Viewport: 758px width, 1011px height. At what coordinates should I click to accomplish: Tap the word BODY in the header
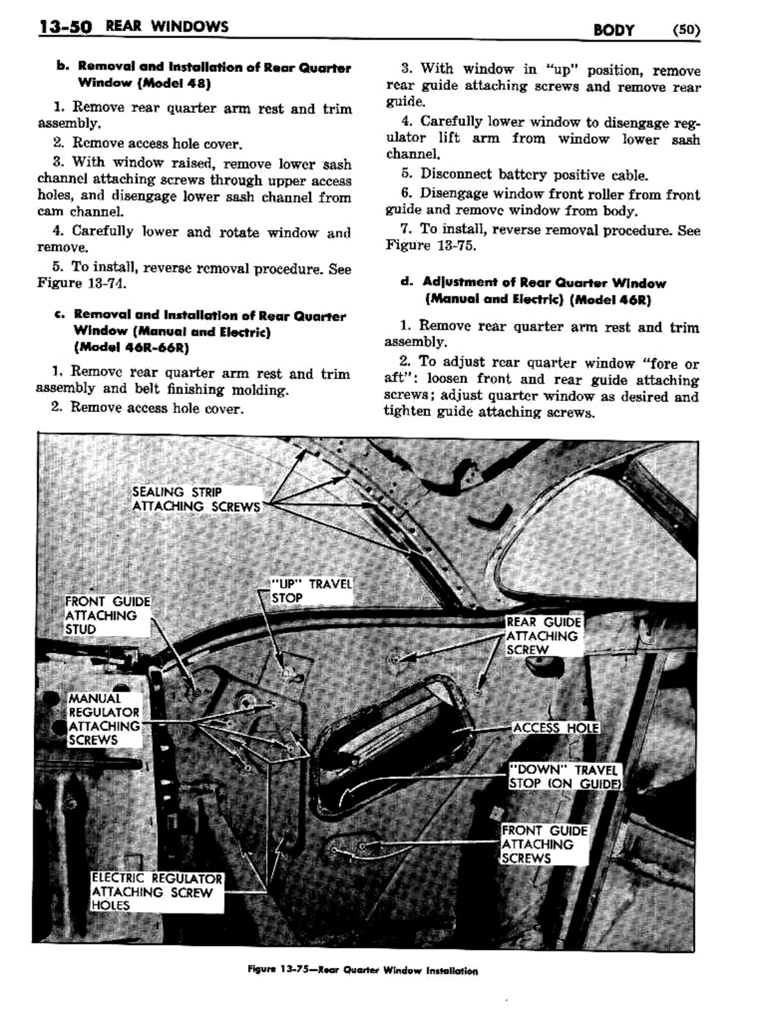(x=613, y=30)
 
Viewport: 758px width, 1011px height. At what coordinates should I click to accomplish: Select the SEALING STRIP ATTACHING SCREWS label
(x=196, y=499)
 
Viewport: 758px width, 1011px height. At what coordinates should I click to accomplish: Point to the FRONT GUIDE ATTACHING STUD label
(x=107, y=615)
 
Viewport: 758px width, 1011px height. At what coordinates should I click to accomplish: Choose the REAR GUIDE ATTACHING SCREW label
(x=543, y=636)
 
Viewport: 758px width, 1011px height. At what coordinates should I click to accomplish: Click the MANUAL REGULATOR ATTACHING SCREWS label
(x=104, y=719)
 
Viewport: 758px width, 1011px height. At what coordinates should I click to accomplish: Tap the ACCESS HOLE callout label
(x=556, y=728)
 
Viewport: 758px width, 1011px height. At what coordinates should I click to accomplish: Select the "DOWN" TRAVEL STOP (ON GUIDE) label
(x=564, y=776)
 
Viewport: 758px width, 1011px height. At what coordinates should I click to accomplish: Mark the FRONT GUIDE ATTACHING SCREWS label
(x=545, y=844)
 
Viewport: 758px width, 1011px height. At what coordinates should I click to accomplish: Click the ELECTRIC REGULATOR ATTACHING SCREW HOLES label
(x=157, y=892)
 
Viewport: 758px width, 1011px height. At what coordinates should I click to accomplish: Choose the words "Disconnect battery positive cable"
(x=534, y=175)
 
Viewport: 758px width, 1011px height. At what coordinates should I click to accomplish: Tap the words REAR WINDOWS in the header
(x=166, y=27)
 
